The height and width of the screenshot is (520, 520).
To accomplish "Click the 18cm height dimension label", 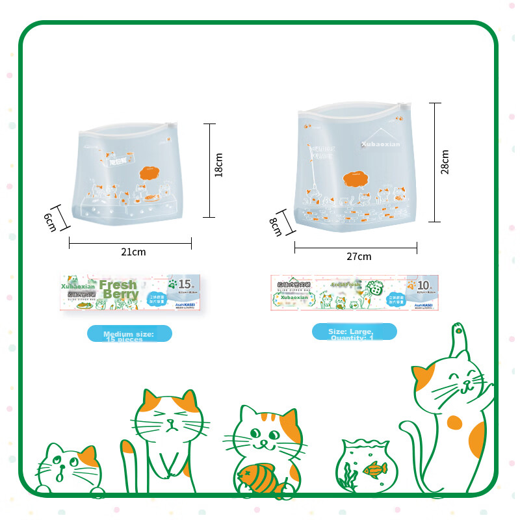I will coord(219,165).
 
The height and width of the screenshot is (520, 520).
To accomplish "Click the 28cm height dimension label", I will coord(445,162).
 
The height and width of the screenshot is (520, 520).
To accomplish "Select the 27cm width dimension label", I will coord(358,257).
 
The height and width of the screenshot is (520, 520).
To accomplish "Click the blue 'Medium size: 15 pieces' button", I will coord(129,334).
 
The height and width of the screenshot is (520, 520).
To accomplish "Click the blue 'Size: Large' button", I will coord(354,332).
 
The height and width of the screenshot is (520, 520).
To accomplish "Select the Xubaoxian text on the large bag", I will coord(381,144).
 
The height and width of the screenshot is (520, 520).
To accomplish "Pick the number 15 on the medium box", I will coord(185,284).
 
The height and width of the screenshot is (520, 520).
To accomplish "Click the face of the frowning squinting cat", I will coord(168,424).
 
